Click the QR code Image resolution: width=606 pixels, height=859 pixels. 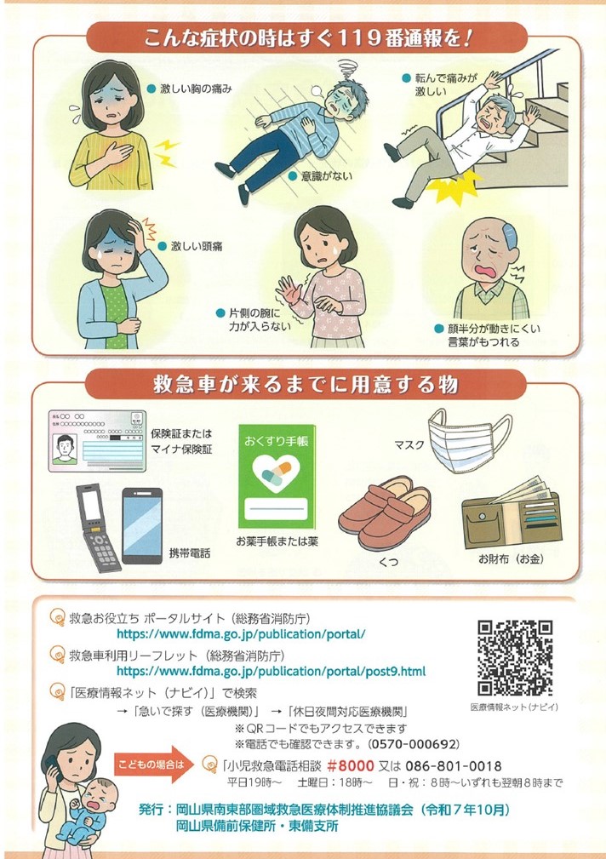(514, 657)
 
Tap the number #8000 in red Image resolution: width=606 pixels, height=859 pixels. (351, 765)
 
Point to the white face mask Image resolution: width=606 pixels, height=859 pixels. (470, 439)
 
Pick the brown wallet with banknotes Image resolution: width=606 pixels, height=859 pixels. (512, 514)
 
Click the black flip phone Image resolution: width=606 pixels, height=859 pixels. (98, 527)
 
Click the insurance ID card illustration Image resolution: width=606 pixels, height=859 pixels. (97, 440)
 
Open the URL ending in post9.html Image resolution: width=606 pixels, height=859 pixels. (271, 671)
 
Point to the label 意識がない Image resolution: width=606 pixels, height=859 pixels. (327, 176)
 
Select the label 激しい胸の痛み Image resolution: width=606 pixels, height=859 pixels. (196, 89)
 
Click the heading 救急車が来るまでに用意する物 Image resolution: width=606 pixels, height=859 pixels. (306, 384)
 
